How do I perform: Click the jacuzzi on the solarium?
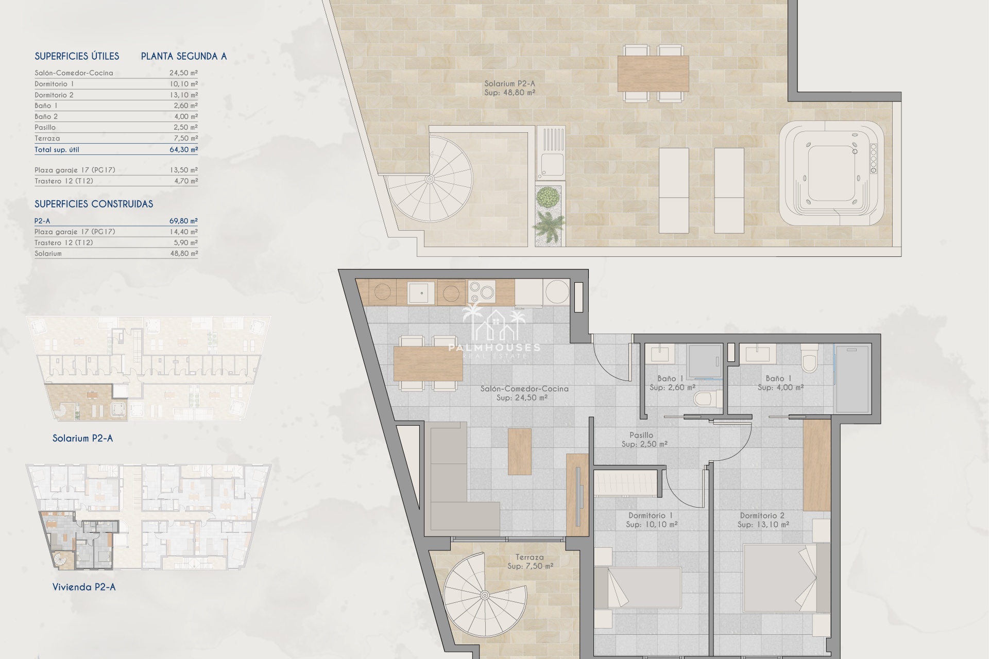coord(831,174)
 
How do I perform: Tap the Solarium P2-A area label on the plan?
coord(509,88)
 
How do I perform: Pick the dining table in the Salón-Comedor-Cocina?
coord(428,363)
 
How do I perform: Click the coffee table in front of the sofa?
coord(519,451)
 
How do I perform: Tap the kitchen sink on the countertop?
coord(421,292)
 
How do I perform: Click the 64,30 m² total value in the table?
coord(183,149)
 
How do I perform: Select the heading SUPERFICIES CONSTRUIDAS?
coord(94,204)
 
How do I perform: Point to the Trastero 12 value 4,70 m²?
coord(186,181)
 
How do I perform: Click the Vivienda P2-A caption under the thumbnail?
coord(84,587)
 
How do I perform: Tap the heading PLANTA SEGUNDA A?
coord(184,56)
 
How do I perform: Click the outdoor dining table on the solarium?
coord(653,73)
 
